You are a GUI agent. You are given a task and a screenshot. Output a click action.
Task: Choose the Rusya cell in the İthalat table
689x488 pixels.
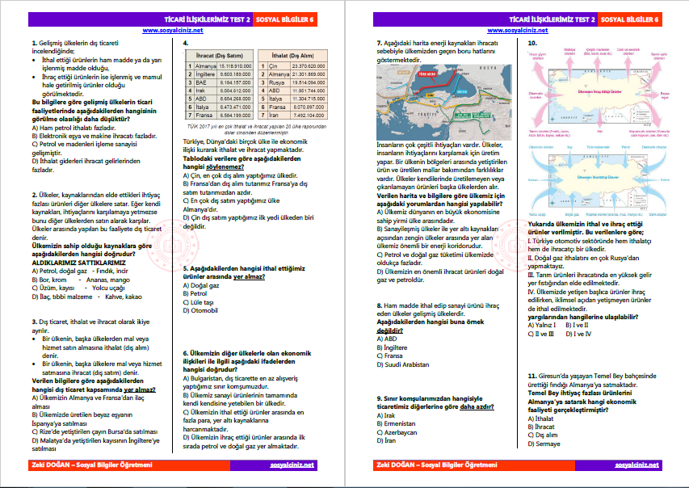coord(278,82)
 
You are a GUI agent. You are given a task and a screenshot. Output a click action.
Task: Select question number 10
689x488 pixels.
coord(531,42)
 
